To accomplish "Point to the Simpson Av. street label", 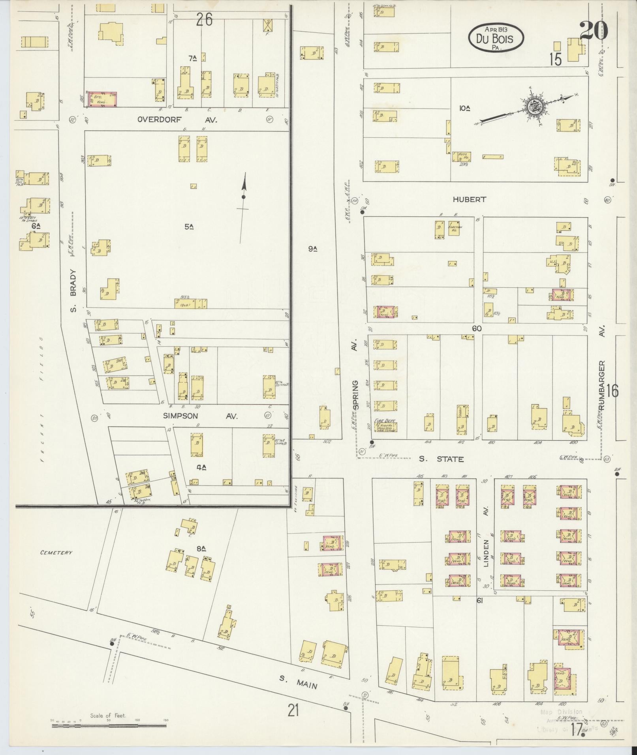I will click(x=201, y=416).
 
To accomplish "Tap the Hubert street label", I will click(x=469, y=200).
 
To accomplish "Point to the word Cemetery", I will click(x=56, y=553).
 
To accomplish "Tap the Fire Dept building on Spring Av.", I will click(x=385, y=426).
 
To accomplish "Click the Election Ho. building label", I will click(x=455, y=229).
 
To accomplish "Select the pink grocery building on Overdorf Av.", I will click(x=102, y=99).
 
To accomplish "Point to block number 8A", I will click(x=201, y=548).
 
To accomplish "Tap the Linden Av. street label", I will click(x=486, y=553).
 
